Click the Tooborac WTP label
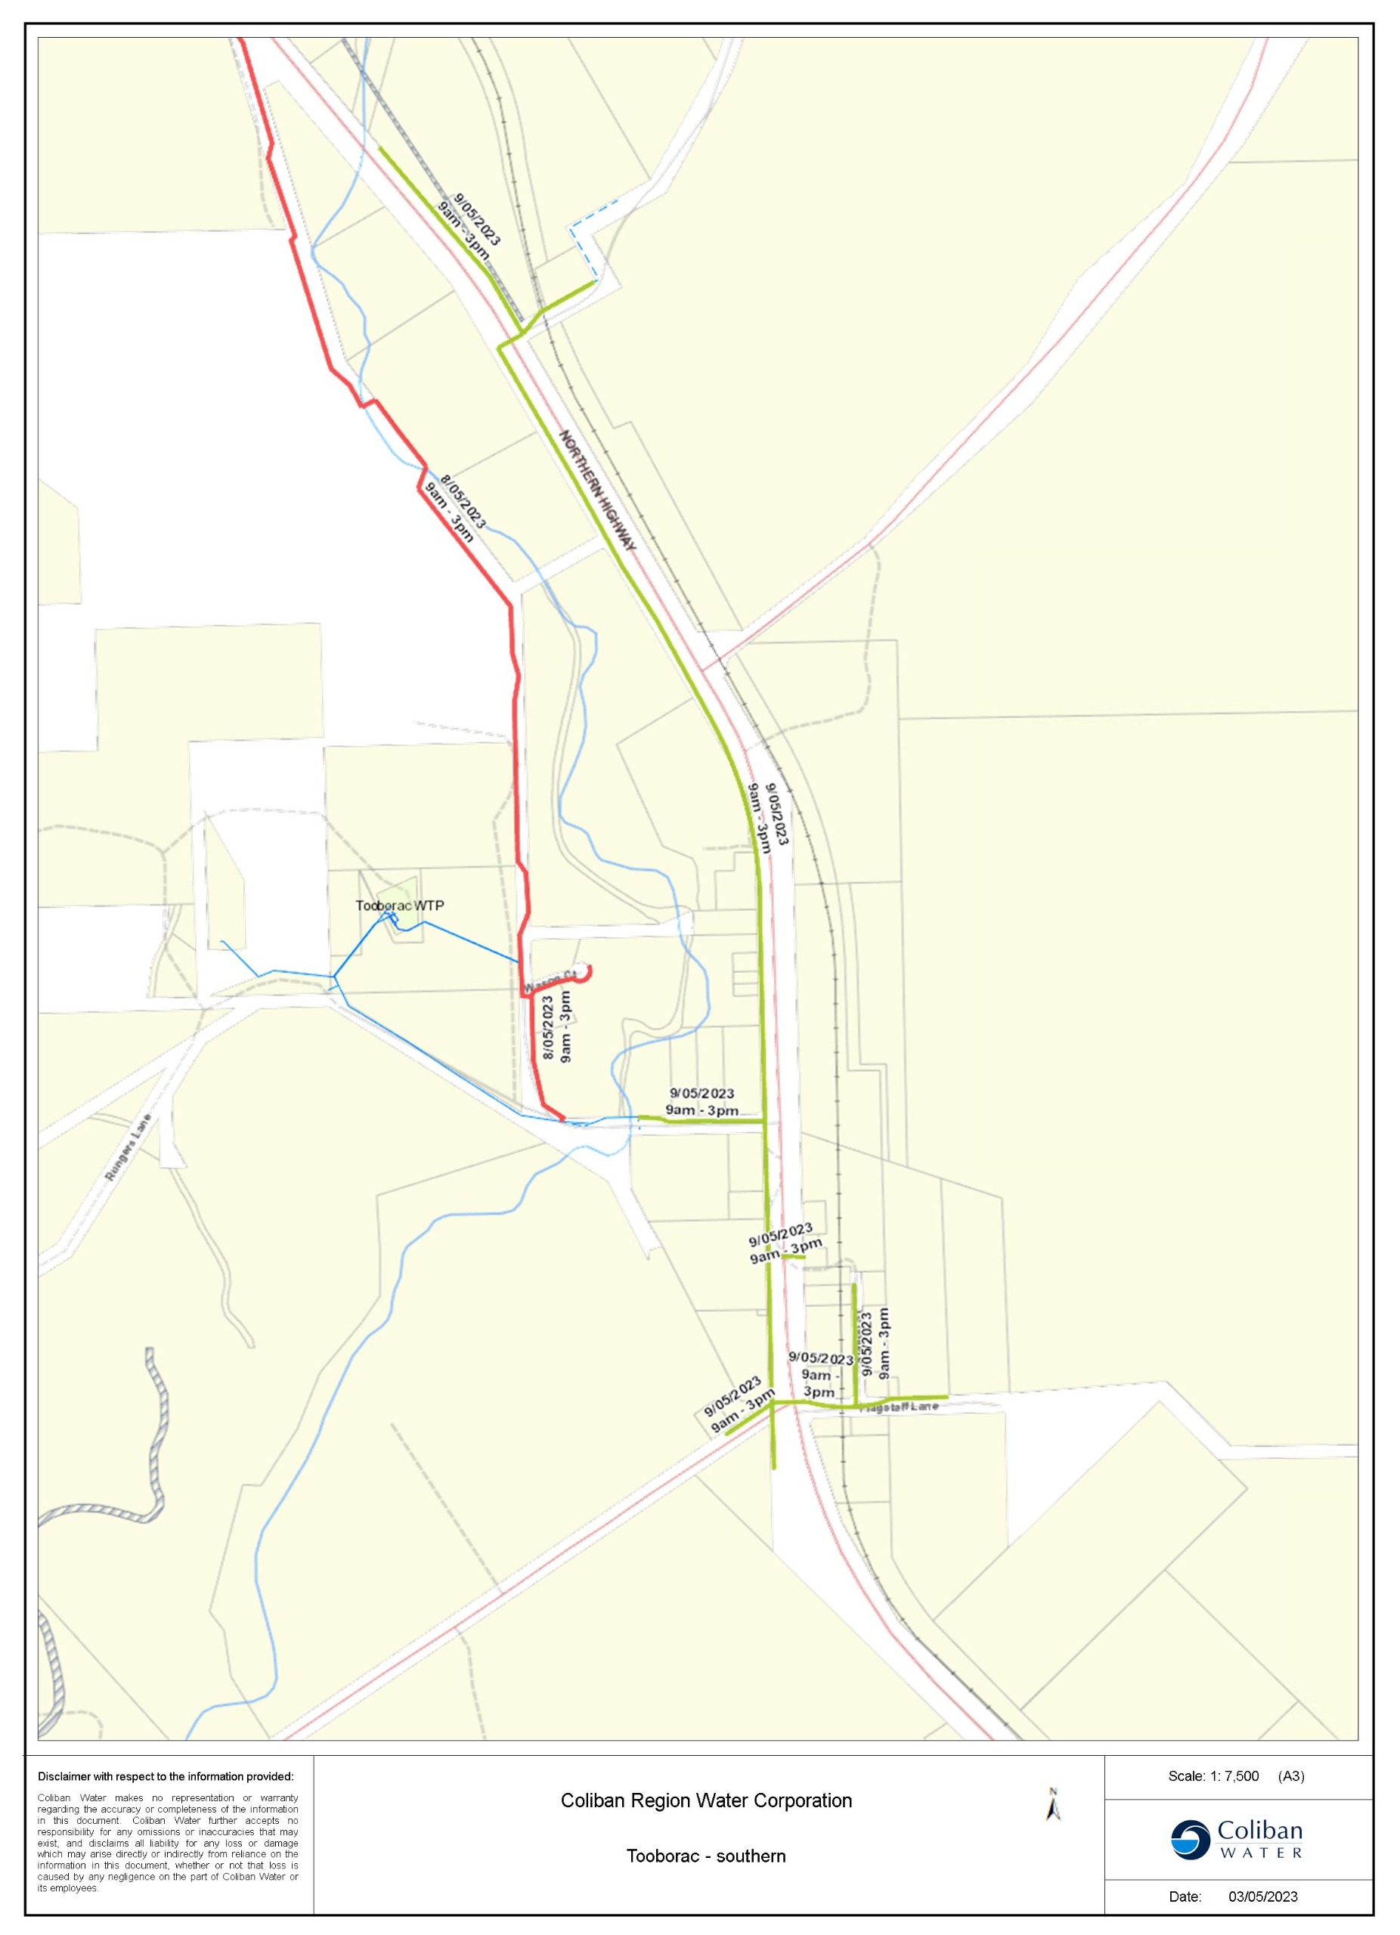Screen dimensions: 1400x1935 tap(399, 906)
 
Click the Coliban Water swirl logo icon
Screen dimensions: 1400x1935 tap(1190, 1840)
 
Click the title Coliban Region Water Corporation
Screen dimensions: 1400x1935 tap(705, 1800)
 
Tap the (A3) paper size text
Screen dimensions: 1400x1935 tap(1291, 1776)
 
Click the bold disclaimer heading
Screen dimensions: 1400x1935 tap(166, 1777)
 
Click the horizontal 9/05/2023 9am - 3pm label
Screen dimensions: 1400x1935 tap(702, 1101)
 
